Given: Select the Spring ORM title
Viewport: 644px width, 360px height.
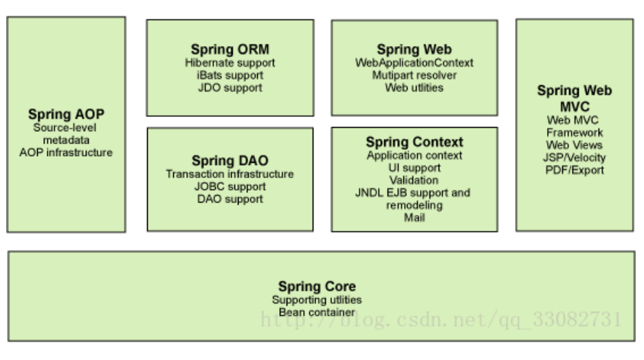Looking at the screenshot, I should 230,49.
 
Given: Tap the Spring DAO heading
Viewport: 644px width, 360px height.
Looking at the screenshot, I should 230,161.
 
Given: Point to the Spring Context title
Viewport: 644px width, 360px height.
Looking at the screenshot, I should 414,142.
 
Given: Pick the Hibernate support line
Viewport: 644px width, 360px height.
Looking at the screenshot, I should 230,63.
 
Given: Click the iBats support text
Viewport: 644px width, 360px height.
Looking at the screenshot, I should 230,75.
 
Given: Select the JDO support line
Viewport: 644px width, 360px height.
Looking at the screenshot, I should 230,87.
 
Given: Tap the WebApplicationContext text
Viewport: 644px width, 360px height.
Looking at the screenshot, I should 414,63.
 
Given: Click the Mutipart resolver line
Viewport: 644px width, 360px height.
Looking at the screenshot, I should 414,75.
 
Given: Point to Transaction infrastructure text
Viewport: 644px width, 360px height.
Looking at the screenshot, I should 230,174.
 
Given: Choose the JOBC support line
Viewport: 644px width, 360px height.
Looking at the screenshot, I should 230,186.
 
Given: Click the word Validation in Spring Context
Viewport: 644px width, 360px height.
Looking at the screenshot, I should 414,180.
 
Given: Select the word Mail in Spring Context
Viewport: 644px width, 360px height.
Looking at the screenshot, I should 414,218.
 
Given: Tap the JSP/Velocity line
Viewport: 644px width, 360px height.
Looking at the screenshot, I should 575,157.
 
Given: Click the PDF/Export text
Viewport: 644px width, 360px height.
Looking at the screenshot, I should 575,170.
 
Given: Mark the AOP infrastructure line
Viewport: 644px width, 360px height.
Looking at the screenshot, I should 66,152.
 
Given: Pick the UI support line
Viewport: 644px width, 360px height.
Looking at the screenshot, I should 414,168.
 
